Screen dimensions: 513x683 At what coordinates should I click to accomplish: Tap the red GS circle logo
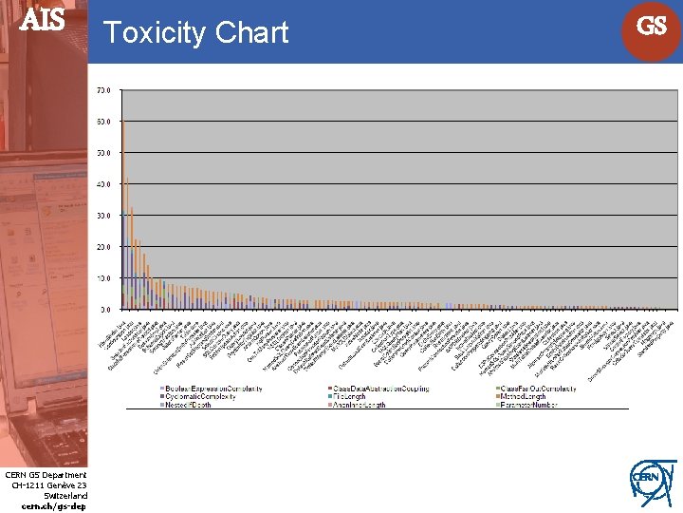click(651, 28)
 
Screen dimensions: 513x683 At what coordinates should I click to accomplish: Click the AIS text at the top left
click(43, 21)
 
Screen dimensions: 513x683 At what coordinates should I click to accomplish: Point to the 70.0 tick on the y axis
click(103, 90)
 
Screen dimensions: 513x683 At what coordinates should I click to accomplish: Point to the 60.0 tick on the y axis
click(103, 122)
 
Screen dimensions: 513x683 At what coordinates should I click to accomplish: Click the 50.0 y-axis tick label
click(103, 153)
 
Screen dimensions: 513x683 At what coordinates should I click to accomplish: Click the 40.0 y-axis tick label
click(103, 184)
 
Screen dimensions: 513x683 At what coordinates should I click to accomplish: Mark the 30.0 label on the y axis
click(103, 216)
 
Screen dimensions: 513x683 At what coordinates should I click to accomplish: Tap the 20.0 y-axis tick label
click(103, 247)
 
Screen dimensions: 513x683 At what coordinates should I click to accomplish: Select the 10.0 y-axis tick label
click(103, 278)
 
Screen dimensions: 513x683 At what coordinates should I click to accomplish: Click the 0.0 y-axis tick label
click(105, 310)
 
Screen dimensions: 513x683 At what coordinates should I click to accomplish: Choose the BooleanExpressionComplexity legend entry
click(213, 389)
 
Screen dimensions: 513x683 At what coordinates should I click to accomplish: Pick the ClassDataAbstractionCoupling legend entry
click(379, 389)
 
